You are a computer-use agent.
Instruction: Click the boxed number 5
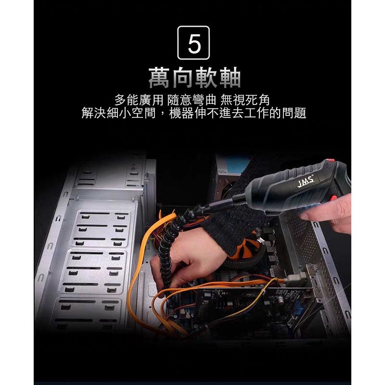(x=194, y=45)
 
